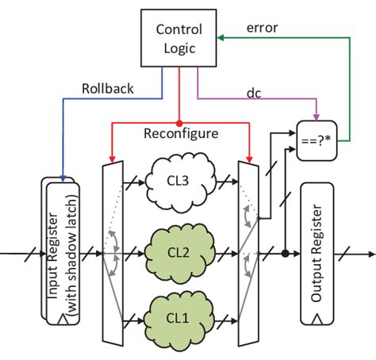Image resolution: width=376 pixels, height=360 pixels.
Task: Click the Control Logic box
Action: click(178, 39)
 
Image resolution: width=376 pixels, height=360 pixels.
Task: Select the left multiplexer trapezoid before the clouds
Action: click(114, 254)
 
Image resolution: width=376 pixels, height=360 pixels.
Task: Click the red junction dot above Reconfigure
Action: click(178, 123)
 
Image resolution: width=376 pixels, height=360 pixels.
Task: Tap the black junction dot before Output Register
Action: click(284, 255)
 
